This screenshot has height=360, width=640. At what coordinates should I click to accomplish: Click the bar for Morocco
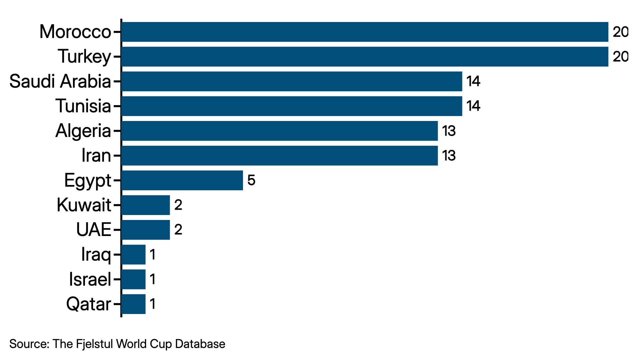(365, 32)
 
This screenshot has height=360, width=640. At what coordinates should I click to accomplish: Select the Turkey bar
(365, 57)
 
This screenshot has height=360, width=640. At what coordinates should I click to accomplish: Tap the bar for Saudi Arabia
(292, 81)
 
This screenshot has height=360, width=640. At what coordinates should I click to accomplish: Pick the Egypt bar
(182, 180)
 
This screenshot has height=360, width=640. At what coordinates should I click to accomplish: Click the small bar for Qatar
(133, 304)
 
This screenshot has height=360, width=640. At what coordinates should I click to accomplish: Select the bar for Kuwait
(146, 205)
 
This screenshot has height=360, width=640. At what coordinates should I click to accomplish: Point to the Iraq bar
(133, 255)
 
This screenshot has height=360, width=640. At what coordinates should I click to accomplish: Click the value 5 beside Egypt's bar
(251, 180)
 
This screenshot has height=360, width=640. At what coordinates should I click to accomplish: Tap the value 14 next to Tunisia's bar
(473, 106)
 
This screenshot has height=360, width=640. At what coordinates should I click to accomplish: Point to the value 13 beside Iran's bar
(449, 156)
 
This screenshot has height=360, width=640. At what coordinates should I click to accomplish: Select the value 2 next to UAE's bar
(178, 230)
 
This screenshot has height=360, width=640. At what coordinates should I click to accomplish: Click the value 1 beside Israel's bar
(153, 279)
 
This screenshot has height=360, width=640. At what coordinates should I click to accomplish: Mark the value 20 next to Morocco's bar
(620, 32)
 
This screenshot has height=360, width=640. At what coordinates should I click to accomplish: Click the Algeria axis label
(83, 131)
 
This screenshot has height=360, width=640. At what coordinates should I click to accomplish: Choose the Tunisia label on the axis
(83, 106)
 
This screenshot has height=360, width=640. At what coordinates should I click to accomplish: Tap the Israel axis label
(90, 279)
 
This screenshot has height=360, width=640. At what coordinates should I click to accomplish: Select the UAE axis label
(93, 230)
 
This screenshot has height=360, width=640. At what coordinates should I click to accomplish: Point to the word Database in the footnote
(200, 344)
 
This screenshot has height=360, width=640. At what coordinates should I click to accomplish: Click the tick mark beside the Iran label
(117, 156)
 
